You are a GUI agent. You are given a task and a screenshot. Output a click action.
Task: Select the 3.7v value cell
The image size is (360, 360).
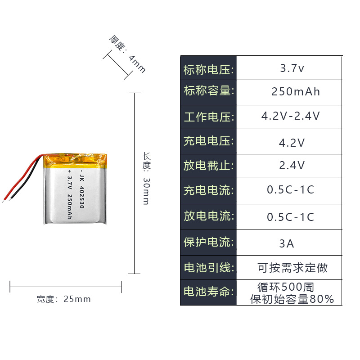292,69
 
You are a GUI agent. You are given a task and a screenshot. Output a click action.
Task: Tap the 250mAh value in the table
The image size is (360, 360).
296,92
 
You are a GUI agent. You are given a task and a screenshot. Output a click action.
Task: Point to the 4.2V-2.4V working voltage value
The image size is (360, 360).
291,116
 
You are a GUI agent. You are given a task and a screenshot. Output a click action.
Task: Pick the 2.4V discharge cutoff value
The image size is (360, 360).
292,165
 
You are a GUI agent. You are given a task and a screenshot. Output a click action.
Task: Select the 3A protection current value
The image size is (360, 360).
287,243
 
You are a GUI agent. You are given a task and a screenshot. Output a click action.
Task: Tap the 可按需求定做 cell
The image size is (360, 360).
292,268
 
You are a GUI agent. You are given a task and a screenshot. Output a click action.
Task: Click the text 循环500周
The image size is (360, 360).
286,287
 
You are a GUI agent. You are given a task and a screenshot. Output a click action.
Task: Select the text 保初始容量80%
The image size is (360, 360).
292,299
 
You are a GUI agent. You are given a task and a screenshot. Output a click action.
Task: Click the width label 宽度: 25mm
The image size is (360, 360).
64,299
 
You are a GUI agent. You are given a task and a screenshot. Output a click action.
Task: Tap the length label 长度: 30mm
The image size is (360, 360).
146,178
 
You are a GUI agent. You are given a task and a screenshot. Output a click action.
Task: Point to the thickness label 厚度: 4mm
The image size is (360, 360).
128,54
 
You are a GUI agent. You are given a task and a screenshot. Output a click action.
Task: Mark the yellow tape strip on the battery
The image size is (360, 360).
76,159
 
